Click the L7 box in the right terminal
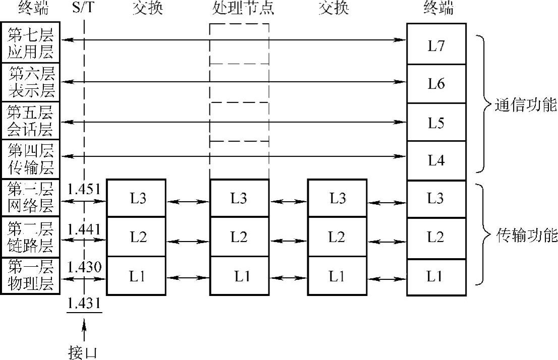(x=436, y=45)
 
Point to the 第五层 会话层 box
(x=31, y=121)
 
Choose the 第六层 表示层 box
(x=31, y=82)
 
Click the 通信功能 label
(x=526, y=106)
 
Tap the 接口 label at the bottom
(x=82, y=351)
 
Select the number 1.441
(x=84, y=229)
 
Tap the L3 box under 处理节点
(x=239, y=198)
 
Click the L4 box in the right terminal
(x=436, y=160)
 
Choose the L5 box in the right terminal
(x=436, y=123)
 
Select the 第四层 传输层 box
(x=31, y=160)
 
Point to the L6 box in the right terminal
(x=436, y=84)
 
